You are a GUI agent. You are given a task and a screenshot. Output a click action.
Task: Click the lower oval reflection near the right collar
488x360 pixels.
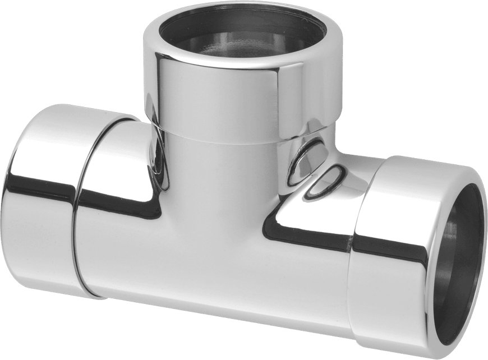point(325,182)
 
